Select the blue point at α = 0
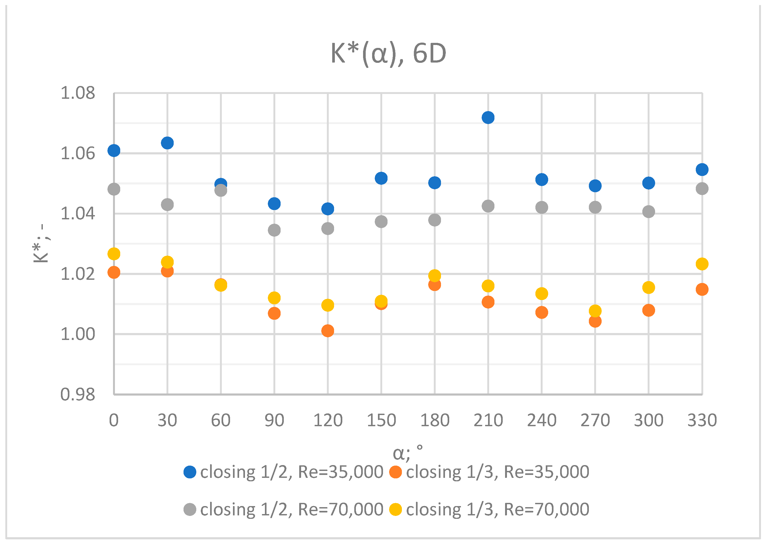pyautogui.click(x=114, y=150)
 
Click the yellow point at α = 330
pyautogui.click(x=702, y=264)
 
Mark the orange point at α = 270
pyautogui.click(x=595, y=321)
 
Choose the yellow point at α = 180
pyautogui.click(x=434, y=276)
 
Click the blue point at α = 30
pyautogui.click(x=167, y=143)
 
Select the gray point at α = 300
pyautogui.click(x=648, y=211)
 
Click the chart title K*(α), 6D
pyautogui.click(x=388, y=53)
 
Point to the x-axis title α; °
pyautogui.click(x=407, y=453)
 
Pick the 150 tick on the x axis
pyautogui.click(x=381, y=420)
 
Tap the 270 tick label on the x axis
pyautogui.click(x=595, y=420)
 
